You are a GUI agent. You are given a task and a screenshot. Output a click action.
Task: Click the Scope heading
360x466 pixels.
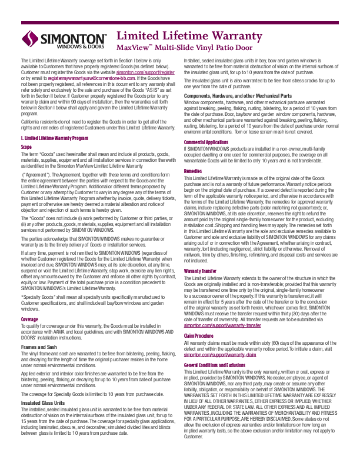coord(26,147)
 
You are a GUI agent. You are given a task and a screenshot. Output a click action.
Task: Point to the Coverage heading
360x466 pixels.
coord(30,319)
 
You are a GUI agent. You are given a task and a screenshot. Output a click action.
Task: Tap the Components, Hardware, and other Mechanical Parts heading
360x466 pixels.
coord(238,95)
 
